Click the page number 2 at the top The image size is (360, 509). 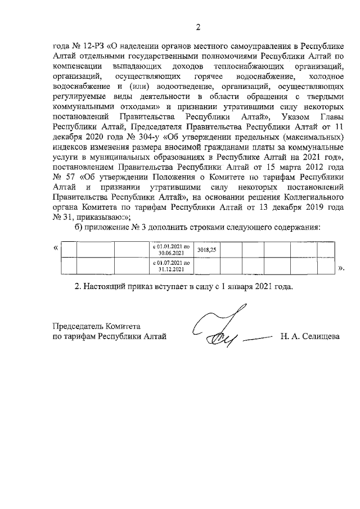point(197,27)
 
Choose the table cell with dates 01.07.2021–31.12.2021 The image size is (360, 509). point(172,265)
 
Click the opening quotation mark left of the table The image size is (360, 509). point(55,247)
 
